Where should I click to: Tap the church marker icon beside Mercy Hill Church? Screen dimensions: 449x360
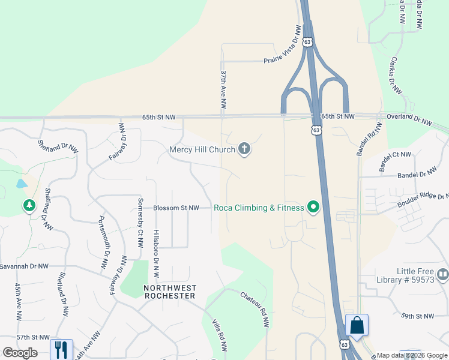tap(244, 149)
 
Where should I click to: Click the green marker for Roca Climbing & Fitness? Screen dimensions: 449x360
tap(313, 208)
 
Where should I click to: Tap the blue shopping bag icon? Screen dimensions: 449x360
tap(357, 326)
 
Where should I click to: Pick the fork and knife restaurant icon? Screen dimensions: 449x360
tap(61, 350)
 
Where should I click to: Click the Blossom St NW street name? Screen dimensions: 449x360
tap(176, 208)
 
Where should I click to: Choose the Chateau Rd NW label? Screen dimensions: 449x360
tap(255, 308)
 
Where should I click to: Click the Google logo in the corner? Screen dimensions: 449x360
tap(20, 352)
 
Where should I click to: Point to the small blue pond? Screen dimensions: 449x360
tap(22, 183)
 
